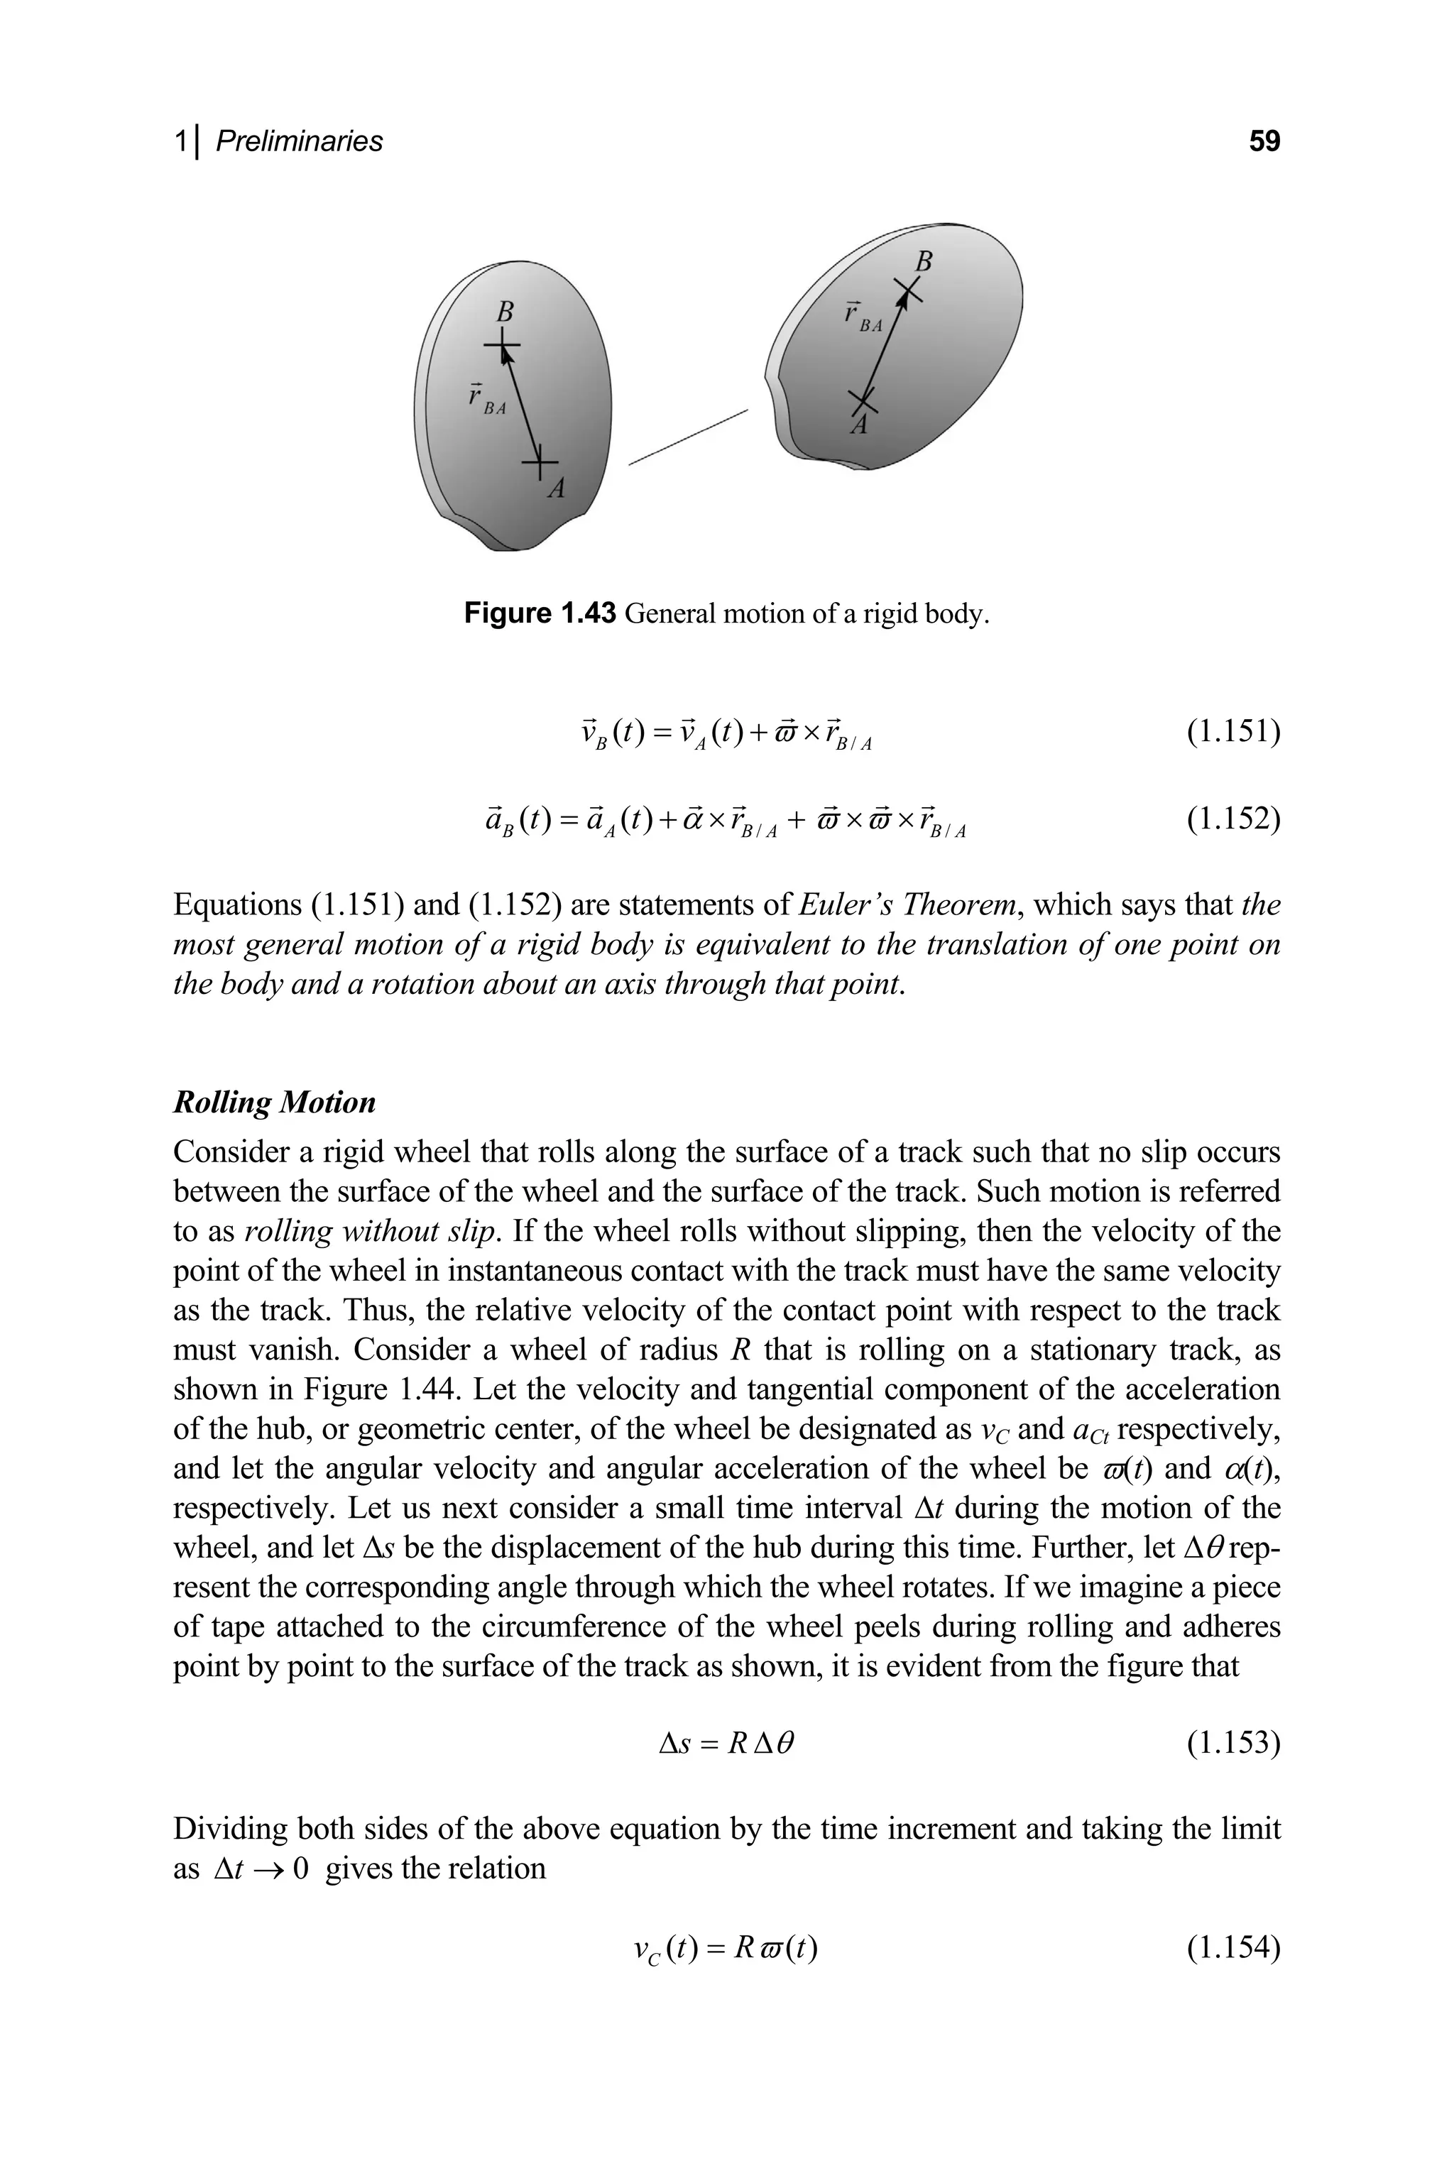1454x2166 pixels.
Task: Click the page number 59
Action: click(1264, 141)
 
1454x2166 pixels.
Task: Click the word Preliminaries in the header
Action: click(299, 141)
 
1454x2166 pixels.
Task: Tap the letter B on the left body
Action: click(505, 311)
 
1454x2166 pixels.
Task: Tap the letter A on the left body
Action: click(555, 488)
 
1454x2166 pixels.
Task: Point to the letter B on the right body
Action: click(923, 261)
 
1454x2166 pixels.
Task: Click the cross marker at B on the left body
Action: click(502, 346)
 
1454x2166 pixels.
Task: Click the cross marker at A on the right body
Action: click(863, 402)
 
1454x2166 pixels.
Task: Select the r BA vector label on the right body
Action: click(861, 317)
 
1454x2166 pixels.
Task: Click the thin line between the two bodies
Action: click(687, 437)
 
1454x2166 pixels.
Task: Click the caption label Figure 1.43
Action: click(540, 614)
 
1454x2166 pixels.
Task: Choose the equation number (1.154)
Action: click(1233, 1947)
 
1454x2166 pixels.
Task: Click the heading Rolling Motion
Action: click(275, 1103)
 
